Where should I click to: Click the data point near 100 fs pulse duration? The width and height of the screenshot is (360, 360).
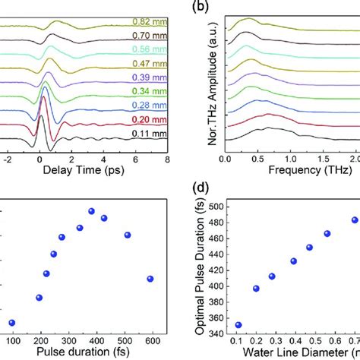11,322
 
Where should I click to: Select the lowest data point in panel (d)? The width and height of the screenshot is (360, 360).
238,324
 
